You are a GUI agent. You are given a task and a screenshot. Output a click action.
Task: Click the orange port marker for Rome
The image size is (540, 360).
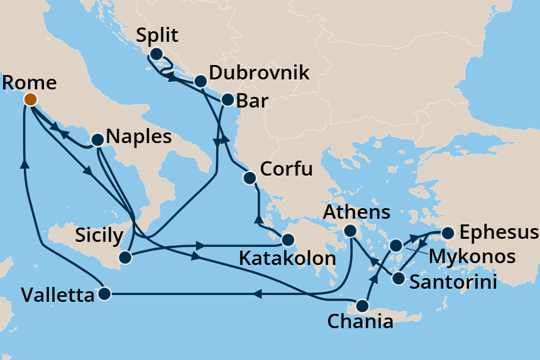click(30, 99)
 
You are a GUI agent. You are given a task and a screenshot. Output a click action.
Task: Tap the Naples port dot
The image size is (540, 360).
click(97, 140)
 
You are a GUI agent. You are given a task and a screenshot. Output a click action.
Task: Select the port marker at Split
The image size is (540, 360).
click(155, 54)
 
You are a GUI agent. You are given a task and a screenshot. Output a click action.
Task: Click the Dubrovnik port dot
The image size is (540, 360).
click(200, 81)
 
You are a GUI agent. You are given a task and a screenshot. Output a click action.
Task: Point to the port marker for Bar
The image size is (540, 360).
click(227, 99)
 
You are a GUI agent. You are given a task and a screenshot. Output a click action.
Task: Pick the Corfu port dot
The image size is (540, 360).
click(250, 178)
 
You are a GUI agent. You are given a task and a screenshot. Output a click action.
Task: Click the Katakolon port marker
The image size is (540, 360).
click(287, 239)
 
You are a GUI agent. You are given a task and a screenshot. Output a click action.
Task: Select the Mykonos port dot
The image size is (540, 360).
click(395, 245)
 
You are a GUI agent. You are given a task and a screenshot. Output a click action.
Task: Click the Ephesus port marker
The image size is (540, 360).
click(448, 234)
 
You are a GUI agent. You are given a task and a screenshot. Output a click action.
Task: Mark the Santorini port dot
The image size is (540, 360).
click(398, 278)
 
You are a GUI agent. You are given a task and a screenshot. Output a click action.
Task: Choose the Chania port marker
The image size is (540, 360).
click(362, 306)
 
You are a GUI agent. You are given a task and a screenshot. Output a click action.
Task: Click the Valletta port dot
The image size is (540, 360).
click(105, 293)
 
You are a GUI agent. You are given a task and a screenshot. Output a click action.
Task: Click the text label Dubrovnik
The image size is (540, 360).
click(259, 73)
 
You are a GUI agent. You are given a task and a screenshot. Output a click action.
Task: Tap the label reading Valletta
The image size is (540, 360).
click(57, 294)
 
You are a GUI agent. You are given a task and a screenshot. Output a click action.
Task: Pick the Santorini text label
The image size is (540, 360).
click(453, 281)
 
